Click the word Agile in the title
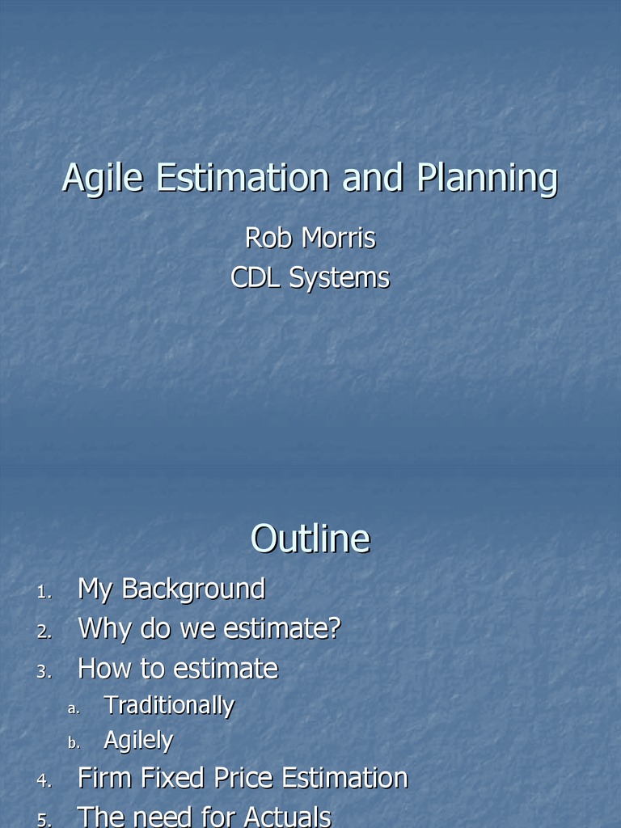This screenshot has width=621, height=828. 104,179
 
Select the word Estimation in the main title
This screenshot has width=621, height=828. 243,178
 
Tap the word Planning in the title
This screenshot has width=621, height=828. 487,179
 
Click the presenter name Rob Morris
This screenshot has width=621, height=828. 310,239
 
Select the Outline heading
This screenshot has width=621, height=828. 310,539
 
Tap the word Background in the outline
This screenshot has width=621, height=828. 193,589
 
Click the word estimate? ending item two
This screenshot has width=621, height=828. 278,629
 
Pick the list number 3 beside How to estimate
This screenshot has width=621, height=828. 44,672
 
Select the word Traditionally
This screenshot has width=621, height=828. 169,706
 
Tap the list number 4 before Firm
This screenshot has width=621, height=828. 44,782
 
